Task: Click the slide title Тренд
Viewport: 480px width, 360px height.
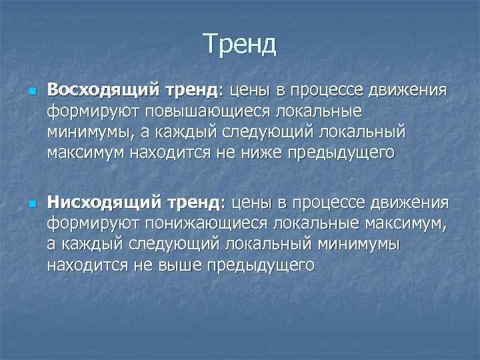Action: [x=240, y=45]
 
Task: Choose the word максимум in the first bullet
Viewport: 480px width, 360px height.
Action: [x=85, y=153]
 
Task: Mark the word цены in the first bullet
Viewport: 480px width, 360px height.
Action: [x=252, y=89]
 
